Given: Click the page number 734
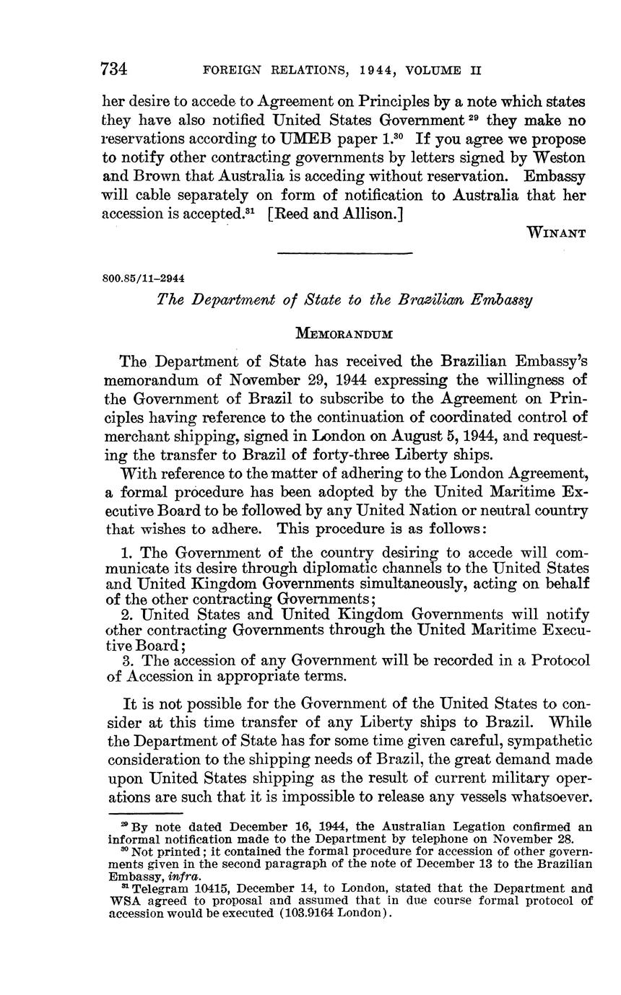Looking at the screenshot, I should [x=115, y=69].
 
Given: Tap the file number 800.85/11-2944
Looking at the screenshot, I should [x=147, y=278].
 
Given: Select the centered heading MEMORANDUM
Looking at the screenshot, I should [x=344, y=333].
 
